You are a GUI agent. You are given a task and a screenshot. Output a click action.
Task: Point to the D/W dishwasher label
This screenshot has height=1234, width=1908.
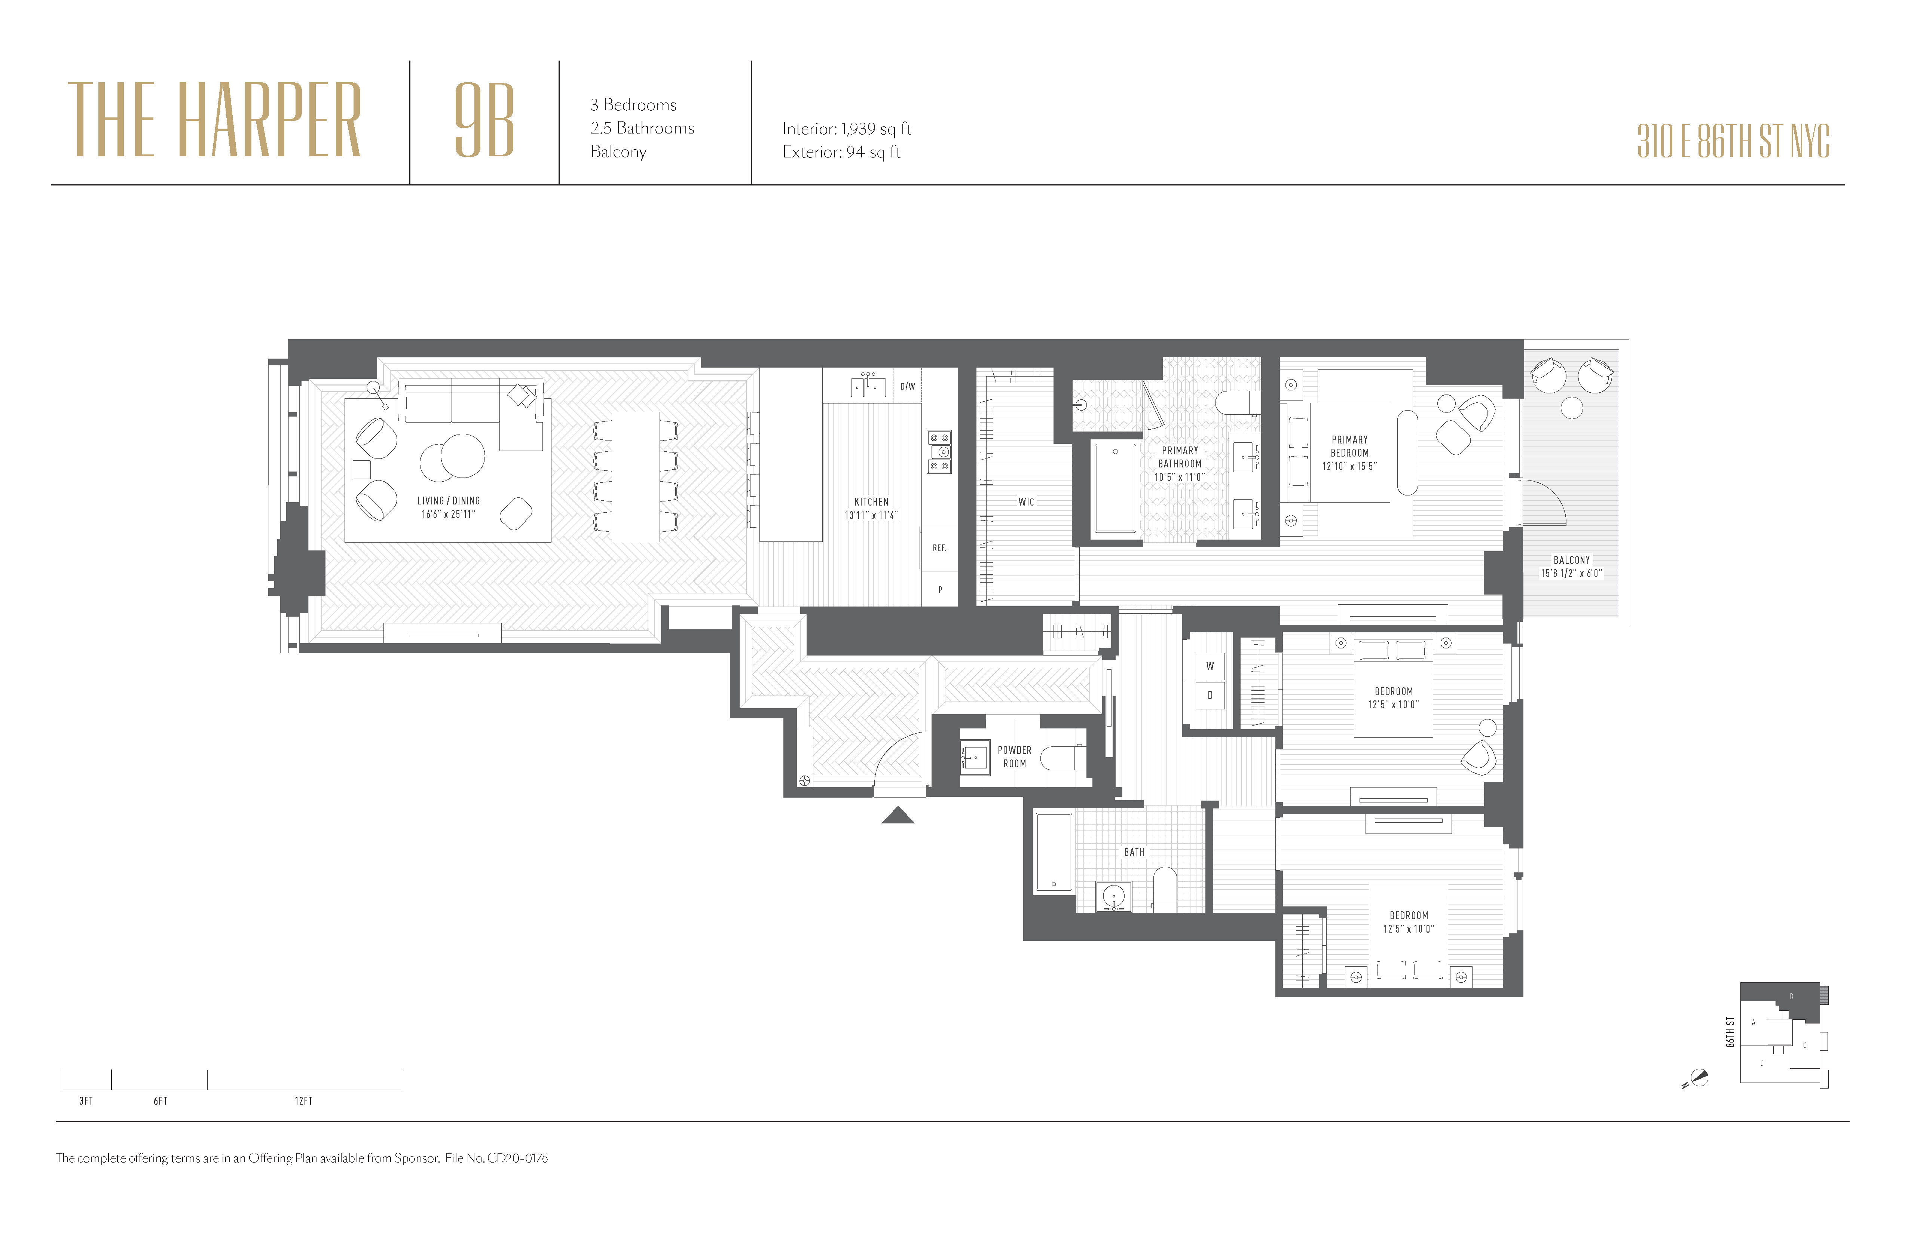pyautogui.click(x=908, y=386)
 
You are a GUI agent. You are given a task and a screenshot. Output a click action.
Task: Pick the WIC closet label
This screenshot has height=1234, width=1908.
pyautogui.click(x=1026, y=501)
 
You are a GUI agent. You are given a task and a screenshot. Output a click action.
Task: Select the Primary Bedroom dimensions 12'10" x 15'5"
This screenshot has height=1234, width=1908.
pyautogui.click(x=1349, y=466)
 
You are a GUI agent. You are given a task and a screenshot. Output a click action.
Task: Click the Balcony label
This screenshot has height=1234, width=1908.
pyautogui.click(x=1571, y=560)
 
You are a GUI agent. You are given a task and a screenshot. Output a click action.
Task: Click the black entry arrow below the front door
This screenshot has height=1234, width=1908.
pyautogui.click(x=898, y=816)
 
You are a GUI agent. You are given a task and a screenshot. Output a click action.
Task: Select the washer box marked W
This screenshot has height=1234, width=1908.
pyautogui.click(x=1210, y=666)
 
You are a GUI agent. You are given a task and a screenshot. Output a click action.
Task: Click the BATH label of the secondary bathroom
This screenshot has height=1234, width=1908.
pyautogui.click(x=1134, y=852)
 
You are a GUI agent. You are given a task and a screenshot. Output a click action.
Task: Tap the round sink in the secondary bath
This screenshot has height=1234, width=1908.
pyautogui.click(x=1113, y=896)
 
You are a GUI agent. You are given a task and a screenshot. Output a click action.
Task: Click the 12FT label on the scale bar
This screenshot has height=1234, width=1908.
pyautogui.click(x=303, y=1101)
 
